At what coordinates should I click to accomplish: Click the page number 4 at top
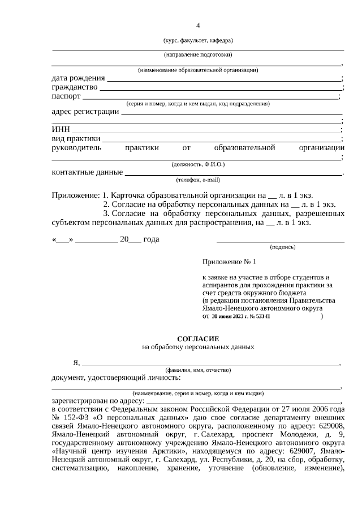click(x=198, y=26)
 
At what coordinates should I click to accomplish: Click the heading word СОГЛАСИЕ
click(x=198, y=338)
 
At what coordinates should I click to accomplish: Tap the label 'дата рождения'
click(x=78, y=78)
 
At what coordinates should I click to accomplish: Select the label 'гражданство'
click(x=75, y=87)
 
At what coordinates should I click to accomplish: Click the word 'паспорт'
click(x=67, y=96)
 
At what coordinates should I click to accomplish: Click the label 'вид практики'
click(x=76, y=139)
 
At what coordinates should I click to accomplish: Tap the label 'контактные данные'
click(x=87, y=172)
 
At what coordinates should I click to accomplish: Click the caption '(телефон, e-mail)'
click(x=198, y=180)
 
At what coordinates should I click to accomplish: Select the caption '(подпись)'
click(x=283, y=247)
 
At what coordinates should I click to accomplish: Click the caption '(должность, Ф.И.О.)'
click(x=198, y=164)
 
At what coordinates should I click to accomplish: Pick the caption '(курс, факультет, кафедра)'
click(x=198, y=40)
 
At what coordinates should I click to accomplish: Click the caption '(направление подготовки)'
click(x=198, y=55)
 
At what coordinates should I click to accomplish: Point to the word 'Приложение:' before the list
click(x=76, y=195)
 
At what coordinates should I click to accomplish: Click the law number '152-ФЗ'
click(x=74, y=417)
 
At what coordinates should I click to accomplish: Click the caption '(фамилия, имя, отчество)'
click(x=198, y=370)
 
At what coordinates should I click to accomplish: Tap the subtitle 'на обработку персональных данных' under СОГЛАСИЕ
click(x=198, y=346)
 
